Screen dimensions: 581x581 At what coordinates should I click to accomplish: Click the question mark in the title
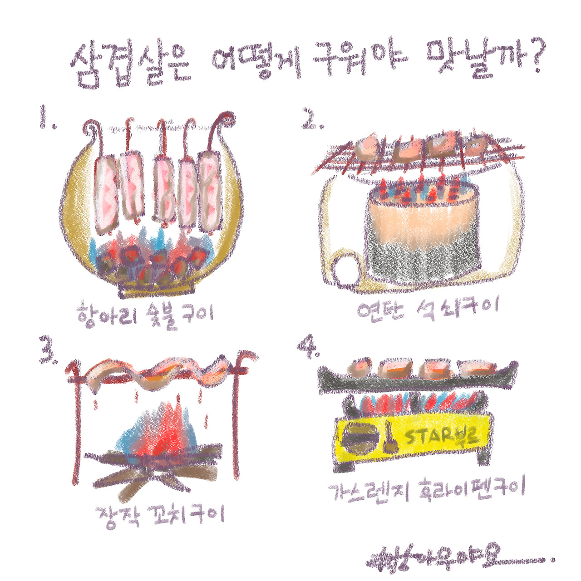pyautogui.click(x=534, y=58)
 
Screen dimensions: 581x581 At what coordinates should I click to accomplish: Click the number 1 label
pyautogui.click(x=47, y=118)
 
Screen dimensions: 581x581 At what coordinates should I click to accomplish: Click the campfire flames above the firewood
pyautogui.click(x=159, y=429)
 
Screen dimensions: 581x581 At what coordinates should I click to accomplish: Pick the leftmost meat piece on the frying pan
pyautogui.click(x=360, y=367)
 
